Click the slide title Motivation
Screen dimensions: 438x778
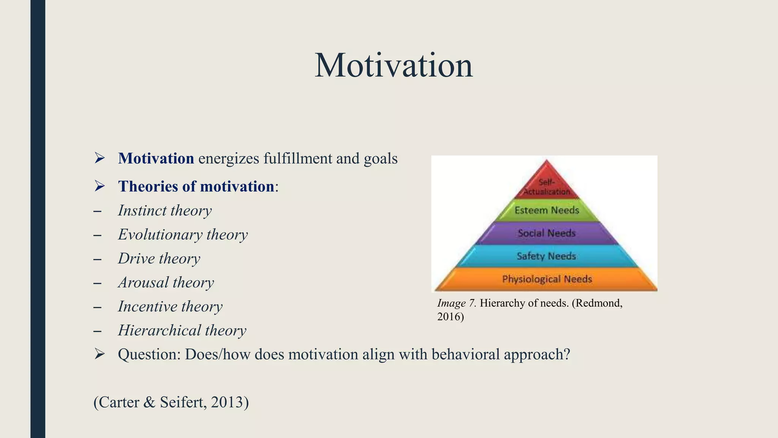[x=394, y=65]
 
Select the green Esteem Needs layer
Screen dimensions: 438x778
[x=547, y=210]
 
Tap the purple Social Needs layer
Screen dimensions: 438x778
[x=547, y=233]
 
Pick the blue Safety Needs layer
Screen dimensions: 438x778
[x=547, y=256]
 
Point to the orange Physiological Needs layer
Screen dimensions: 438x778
[x=547, y=279]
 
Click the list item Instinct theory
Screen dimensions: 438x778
[x=164, y=211]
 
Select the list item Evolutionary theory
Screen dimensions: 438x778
[x=183, y=235]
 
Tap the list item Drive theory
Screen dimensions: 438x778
[x=159, y=259]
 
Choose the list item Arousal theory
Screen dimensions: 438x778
[x=166, y=282]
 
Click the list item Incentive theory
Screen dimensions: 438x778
[x=170, y=306]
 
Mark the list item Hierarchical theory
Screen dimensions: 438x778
[x=182, y=330]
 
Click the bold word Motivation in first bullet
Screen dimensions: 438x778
[x=156, y=159]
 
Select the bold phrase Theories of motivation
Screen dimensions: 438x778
[x=196, y=186]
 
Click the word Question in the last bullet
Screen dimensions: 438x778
[x=148, y=354]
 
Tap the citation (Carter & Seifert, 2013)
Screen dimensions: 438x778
[x=171, y=402]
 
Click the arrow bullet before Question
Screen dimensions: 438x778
[x=100, y=354]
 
